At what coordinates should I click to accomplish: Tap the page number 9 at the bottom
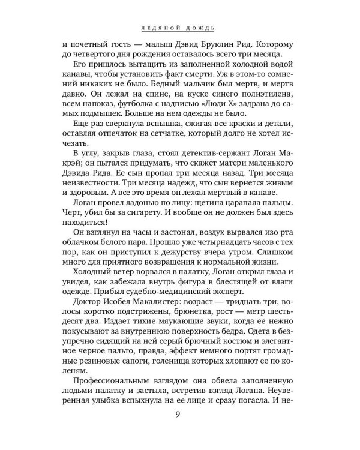180,429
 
